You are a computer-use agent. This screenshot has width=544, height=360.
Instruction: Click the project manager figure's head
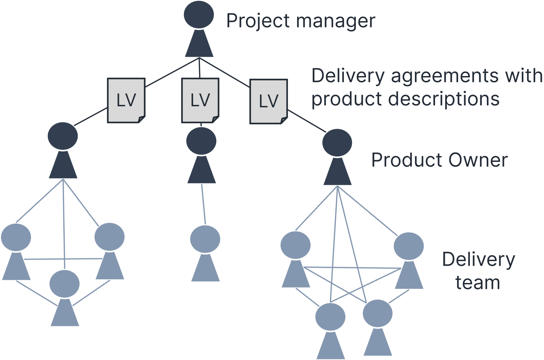(199, 15)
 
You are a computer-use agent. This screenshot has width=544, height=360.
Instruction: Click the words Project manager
(301, 21)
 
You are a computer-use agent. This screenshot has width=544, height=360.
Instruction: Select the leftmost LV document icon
(126, 101)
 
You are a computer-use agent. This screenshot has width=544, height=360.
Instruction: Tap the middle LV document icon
(200, 100)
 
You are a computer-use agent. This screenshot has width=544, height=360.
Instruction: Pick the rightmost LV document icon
(269, 102)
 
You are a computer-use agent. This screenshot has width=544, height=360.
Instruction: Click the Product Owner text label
(439, 160)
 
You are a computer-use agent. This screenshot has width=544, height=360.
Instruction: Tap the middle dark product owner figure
(201, 155)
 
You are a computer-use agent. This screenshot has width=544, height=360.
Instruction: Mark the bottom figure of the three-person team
(65, 297)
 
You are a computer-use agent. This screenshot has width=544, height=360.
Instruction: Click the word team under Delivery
(478, 283)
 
